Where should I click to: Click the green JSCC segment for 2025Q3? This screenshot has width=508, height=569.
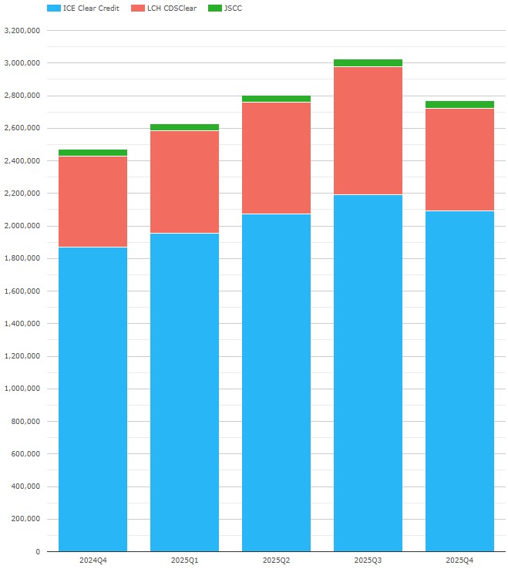[368, 62]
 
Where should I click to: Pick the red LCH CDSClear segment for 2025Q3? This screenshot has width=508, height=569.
[368, 130]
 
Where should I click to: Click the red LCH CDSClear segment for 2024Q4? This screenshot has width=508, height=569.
[93, 201]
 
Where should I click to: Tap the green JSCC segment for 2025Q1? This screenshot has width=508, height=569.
[184, 127]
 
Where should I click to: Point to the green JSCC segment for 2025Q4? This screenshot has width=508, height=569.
[459, 104]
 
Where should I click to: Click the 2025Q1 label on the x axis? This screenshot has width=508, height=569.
[184, 560]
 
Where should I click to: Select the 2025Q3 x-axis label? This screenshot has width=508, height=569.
[368, 560]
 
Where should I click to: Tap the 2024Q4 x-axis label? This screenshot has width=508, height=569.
[93, 560]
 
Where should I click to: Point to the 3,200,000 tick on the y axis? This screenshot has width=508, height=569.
[22, 31]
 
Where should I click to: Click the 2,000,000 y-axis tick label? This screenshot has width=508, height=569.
[22, 226]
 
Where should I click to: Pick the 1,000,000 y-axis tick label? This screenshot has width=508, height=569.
[22, 389]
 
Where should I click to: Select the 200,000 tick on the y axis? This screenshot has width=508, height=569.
[25, 520]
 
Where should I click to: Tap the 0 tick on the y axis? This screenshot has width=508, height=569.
[37, 552]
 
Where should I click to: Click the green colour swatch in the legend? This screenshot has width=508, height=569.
[213, 8]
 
